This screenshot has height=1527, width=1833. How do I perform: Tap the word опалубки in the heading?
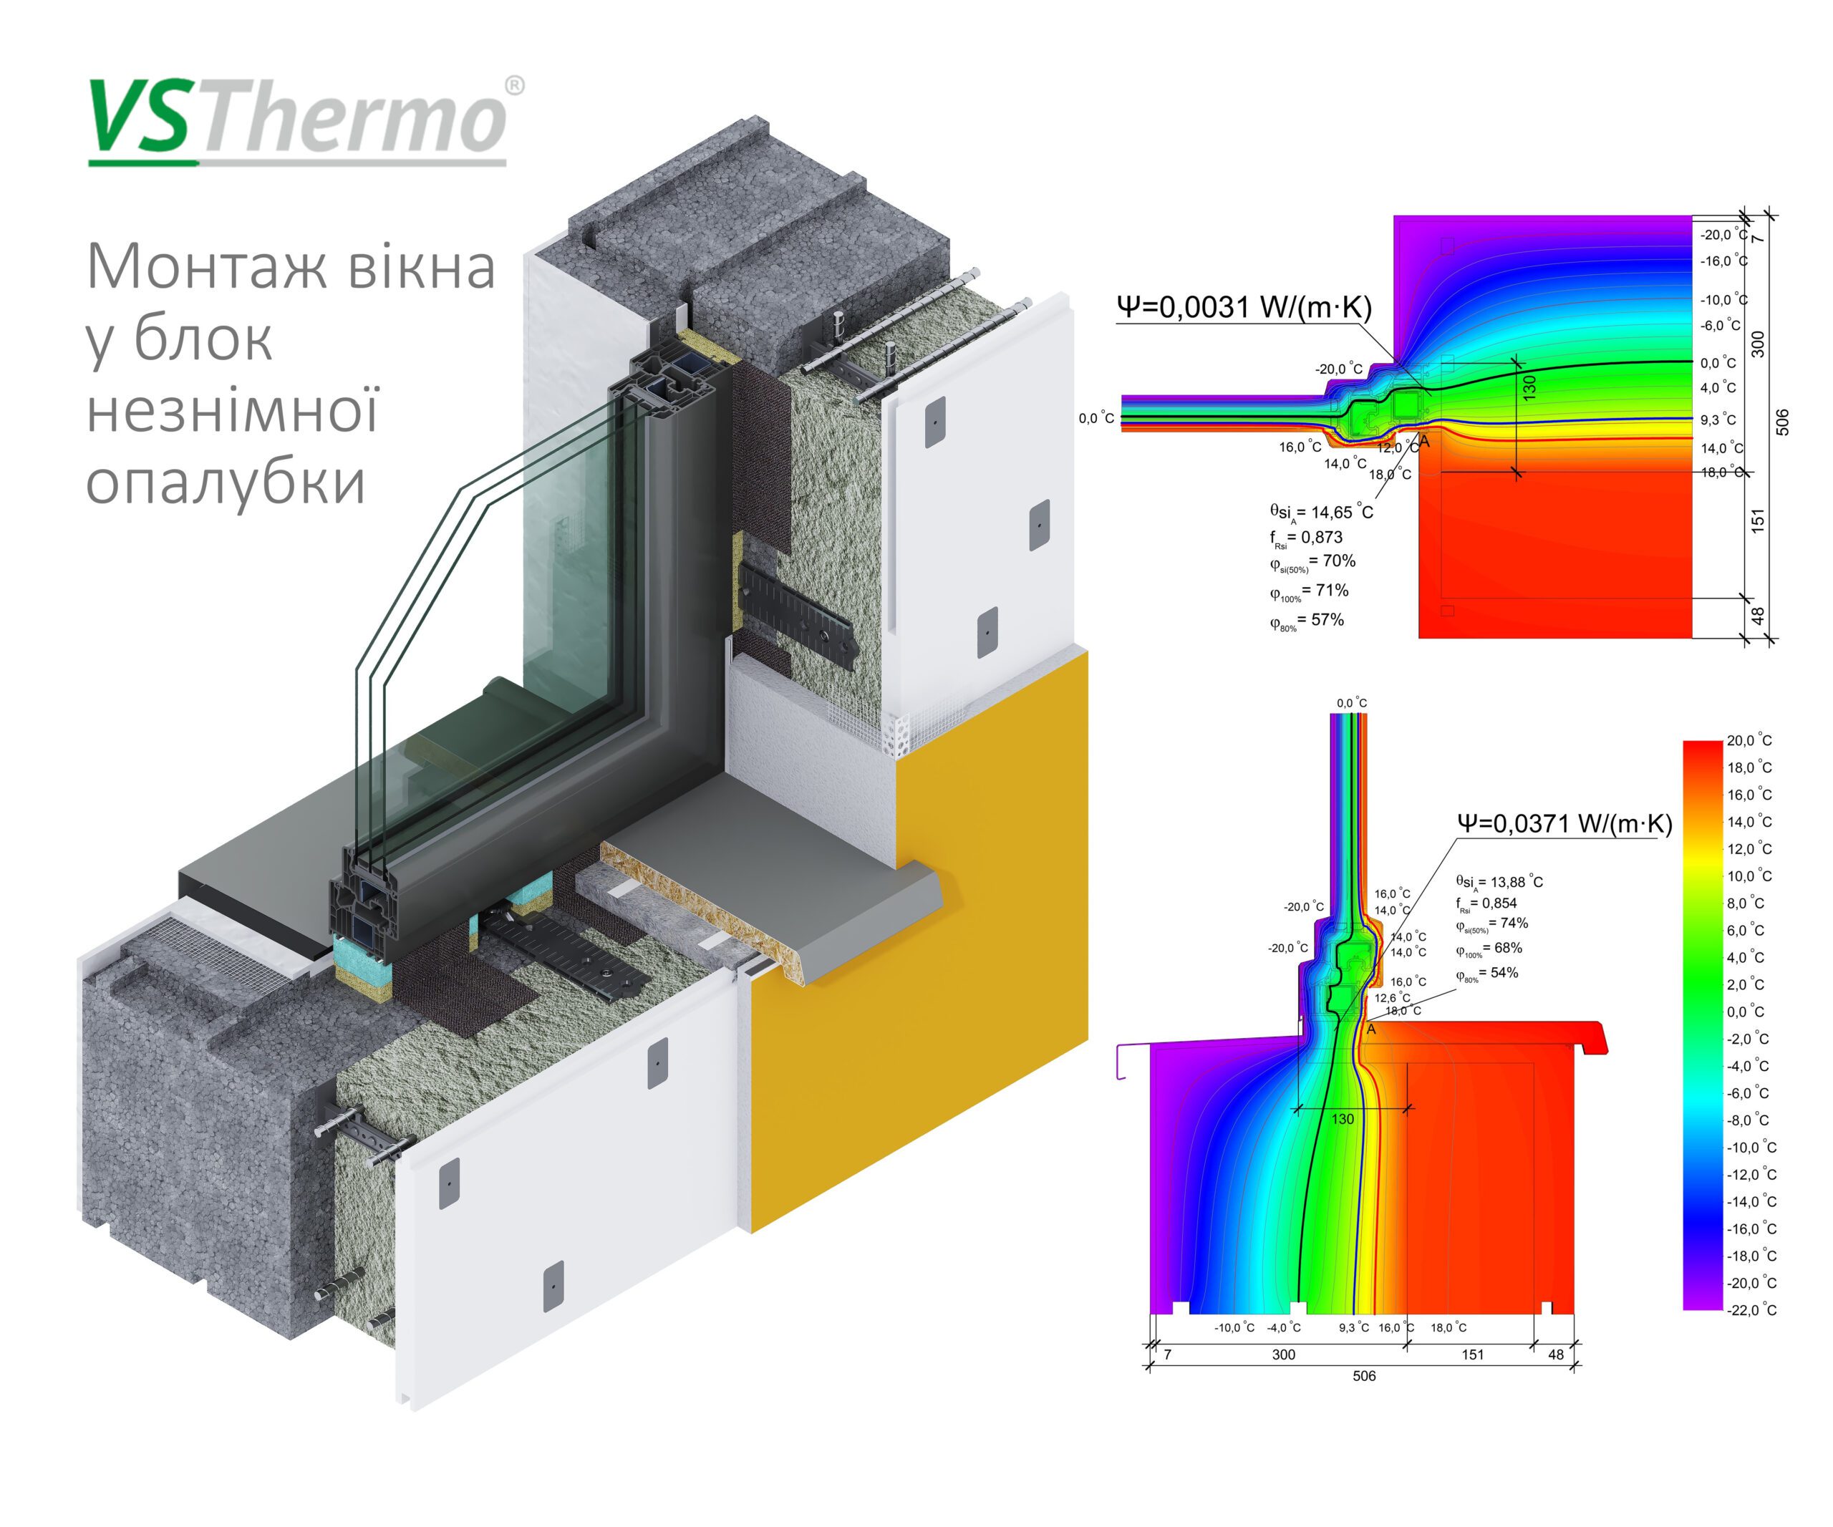click(226, 483)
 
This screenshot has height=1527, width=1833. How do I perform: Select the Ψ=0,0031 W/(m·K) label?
click(1244, 306)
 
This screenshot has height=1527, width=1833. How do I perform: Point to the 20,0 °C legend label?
click(1749, 740)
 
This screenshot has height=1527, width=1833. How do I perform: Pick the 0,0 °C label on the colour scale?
click(1746, 1012)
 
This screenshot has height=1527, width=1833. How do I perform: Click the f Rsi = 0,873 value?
click(1306, 538)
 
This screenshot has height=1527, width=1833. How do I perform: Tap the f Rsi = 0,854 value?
click(1486, 903)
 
